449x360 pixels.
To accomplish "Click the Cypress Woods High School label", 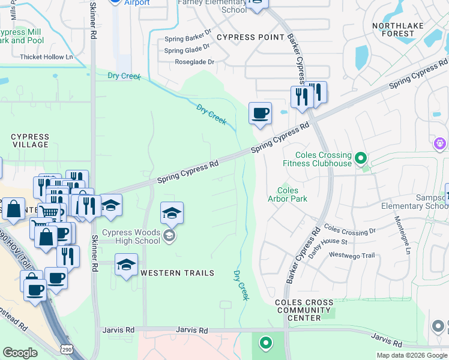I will [x=131, y=237].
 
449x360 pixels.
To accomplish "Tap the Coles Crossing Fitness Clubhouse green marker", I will [x=360, y=158].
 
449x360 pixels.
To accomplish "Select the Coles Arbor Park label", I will [x=287, y=194].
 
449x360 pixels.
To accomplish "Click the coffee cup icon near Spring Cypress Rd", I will [x=260, y=113].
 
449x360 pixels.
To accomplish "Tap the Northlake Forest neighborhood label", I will [x=397, y=29].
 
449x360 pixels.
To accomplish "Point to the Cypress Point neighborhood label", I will [x=250, y=37].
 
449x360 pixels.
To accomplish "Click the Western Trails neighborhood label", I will [x=177, y=273].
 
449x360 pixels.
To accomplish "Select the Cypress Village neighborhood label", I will [x=30, y=141].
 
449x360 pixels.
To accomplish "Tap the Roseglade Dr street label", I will [x=194, y=62].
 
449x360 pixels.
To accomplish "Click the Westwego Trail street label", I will [x=352, y=256].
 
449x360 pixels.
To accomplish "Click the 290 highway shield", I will [x=67, y=349].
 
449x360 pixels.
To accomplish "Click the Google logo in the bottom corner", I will [x=20, y=353].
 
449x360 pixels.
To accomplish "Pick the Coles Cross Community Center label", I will [x=304, y=310].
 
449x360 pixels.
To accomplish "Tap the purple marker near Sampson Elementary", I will [x=440, y=144].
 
